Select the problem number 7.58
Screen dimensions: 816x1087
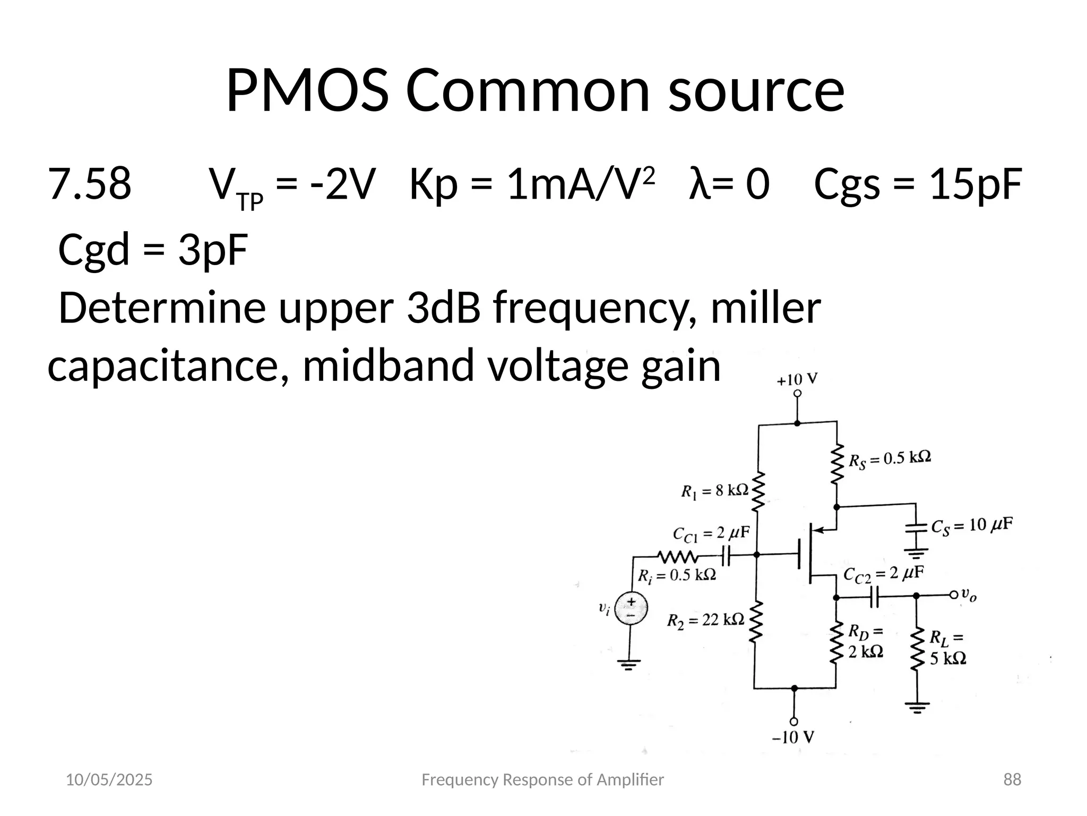pyautogui.click(x=89, y=184)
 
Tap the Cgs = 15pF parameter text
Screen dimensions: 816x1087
pyautogui.click(x=918, y=184)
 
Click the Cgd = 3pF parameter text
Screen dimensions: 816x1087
pyautogui.click(x=153, y=250)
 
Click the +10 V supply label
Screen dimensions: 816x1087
pyautogui.click(x=797, y=380)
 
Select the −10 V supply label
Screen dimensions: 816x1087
pyautogui.click(x=793, y=737)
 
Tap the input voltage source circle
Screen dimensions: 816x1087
pyautogui.click(x=631, y=609)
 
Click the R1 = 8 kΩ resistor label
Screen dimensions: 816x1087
pyautogui.click(x=714, y=491)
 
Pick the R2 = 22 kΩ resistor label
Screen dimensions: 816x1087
pyautogui.click(x=705, y=620)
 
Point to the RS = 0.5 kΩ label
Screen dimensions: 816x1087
pyautogui.click(x=890, y=459)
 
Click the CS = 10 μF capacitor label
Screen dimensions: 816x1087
pyautogui.click(x=972, y=526)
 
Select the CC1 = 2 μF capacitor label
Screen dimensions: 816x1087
pyautogui.click(x=711, y=533)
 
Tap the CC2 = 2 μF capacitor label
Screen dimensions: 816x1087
pyautogui.click(x=884, y=574)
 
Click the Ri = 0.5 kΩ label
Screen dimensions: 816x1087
pyautogui.click(x=677, y=575)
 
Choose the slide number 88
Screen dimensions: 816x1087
pyautogui.click(x=1012, y=780)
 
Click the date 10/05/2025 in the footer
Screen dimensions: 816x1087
pyautogui.click(x=109, y=780)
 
